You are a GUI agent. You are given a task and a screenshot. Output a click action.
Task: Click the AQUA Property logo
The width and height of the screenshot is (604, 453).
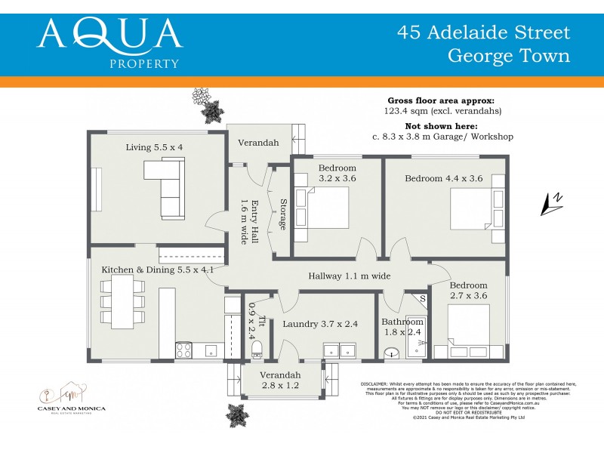(109, 42)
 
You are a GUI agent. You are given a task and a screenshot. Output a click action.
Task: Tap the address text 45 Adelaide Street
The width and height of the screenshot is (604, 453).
(484, 32)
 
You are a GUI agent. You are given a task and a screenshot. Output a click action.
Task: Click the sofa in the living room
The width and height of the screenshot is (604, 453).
(168, 190)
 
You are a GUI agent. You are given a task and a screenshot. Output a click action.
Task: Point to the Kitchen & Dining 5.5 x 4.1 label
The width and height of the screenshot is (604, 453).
(158, 270)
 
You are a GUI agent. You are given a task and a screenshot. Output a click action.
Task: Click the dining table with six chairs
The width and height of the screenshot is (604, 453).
(121, 301)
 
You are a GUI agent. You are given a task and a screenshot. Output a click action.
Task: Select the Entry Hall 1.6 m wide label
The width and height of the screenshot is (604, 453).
(249, 221)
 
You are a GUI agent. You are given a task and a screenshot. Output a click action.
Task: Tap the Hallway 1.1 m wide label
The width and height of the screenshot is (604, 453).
(350, 276)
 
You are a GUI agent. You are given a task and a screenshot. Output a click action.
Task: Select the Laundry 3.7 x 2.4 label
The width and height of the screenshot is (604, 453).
(320, 324)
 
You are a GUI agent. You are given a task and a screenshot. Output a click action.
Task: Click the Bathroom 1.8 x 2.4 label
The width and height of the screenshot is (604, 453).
(402, 327)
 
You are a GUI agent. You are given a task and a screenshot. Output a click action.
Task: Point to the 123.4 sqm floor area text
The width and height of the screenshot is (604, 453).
(442, 111)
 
